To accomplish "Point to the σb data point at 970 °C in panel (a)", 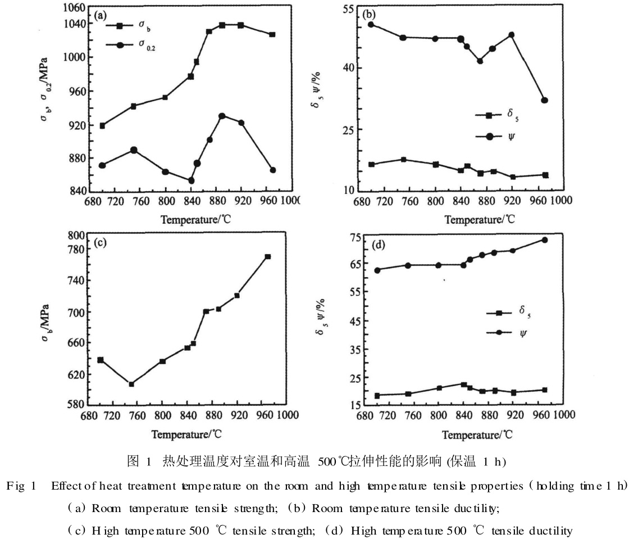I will point(272,35).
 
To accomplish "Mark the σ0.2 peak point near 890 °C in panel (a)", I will point(222,116).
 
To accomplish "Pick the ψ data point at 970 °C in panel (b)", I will point(544,100).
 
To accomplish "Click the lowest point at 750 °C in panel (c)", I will point(131,384).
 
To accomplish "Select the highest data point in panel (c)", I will point(268,257).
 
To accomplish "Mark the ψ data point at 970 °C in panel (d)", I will point(544,240).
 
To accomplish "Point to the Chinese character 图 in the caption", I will point(129,462).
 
